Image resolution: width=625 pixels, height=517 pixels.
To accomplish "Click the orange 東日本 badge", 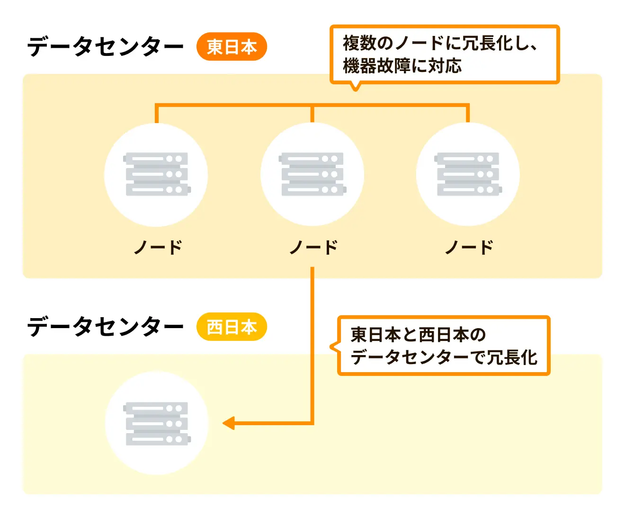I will click(232, 47).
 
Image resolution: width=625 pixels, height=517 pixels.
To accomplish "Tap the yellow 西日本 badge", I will click(232, 327).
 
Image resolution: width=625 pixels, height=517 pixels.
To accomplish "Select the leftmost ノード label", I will click(158, 247).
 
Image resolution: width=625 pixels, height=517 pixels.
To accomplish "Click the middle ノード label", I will click(313, 247).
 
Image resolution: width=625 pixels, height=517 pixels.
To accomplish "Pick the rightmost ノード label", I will click(469, 247).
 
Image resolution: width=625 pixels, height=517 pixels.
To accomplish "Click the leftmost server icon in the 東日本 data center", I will click(156, 174).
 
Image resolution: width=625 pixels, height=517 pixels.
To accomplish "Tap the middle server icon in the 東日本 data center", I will click(312, 174).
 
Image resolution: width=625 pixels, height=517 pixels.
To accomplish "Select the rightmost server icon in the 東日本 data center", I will click(468, 174).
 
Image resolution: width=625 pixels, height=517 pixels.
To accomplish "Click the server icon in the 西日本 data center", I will click(156, 423).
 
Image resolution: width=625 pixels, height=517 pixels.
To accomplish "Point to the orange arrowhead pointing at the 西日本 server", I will click(229, 423).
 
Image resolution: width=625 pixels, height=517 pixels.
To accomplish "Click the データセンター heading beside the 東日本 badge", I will click(105, 47).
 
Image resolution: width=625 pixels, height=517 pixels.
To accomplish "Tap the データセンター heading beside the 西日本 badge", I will click(105, 327).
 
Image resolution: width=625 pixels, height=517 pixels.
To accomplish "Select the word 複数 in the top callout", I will click(360, 43).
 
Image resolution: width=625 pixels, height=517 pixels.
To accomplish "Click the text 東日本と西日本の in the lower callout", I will click(418, 335).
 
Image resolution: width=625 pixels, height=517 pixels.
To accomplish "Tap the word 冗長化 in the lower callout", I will click(512, 357).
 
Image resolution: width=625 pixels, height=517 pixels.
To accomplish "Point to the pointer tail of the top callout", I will click(355, 87).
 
